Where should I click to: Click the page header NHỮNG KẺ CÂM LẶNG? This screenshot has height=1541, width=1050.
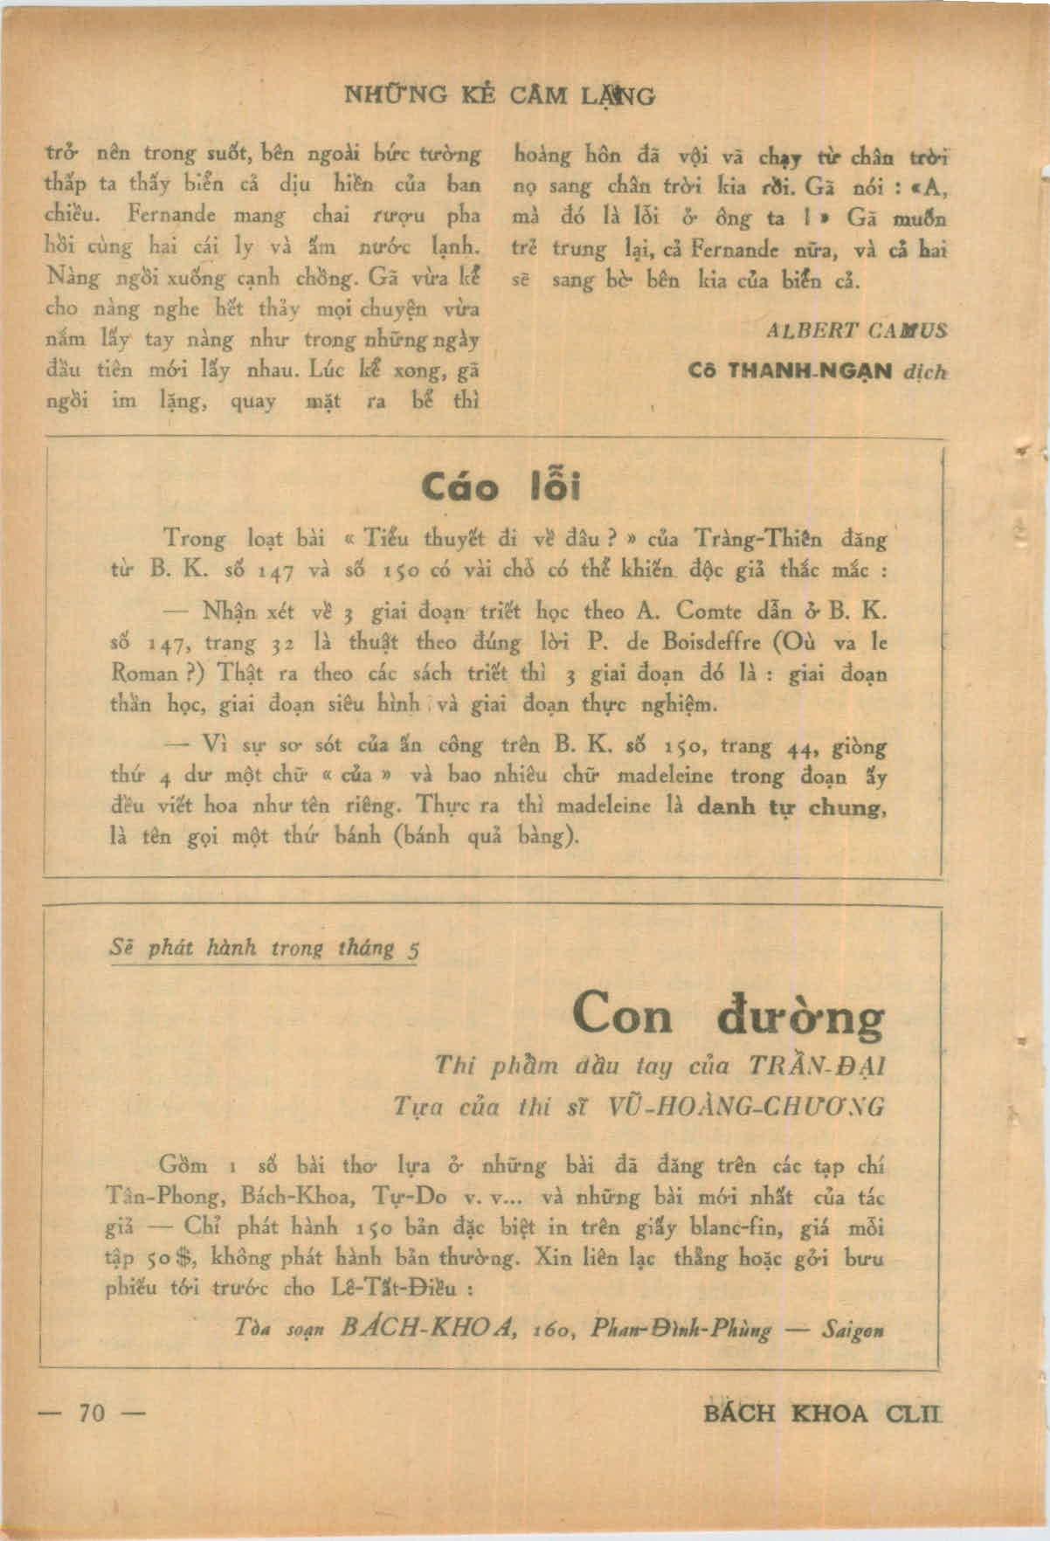coord(501,94)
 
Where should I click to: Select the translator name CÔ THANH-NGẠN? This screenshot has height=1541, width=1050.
coord(790,370)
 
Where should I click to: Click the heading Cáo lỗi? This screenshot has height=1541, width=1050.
coord(501,486)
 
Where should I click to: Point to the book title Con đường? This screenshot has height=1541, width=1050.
coord(729,1016)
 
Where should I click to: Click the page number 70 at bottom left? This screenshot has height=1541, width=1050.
coord(91,1412)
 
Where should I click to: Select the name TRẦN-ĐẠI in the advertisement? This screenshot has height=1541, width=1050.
coord(816,1066)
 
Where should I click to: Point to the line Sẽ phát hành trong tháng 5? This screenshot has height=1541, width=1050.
coord(263,948)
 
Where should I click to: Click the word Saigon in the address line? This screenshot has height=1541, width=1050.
coord(853,1330)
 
